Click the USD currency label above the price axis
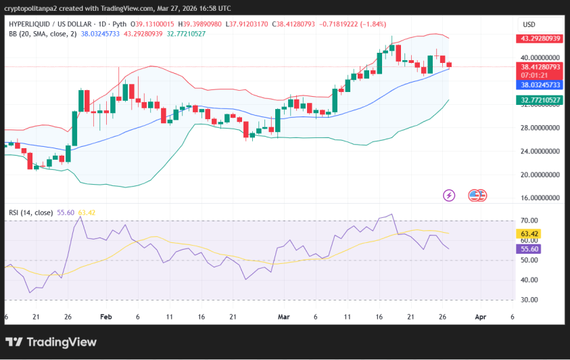point(529,24)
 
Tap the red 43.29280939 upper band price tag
point(541,39)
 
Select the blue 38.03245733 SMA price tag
point(541,85)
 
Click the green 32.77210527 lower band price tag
point(541,100)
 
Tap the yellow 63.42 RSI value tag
point(528,234)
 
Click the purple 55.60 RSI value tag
point(528,249)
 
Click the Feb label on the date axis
point(105,316)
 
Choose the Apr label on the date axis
point(481,316)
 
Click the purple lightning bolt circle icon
point(449,196)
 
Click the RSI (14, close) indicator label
point(32,212)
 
